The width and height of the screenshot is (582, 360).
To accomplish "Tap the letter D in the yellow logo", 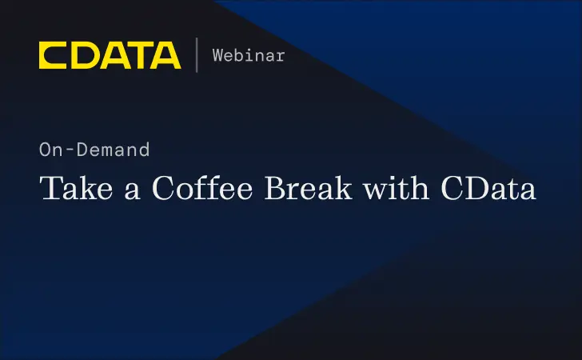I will (82, 55).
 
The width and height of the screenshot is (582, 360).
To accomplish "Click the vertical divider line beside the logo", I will (197, 54).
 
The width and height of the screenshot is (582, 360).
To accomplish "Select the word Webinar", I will (248, 55).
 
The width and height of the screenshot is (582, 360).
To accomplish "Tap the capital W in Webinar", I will (217, 55).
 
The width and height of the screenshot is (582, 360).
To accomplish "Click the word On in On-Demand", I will (49, 149).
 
